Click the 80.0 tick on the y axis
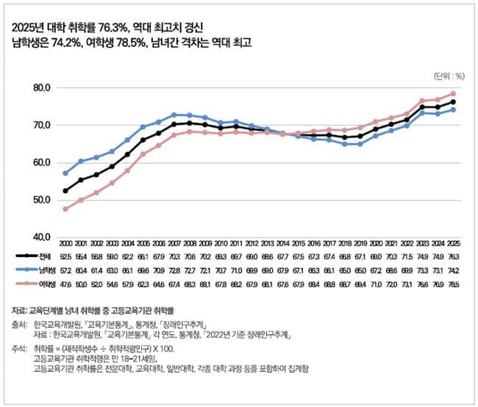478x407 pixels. click(38, 87)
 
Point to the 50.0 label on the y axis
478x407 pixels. click(38, 200)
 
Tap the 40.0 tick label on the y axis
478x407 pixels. click(38, 237)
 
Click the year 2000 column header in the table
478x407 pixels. click(66, 243)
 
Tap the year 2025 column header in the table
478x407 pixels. click(453, 243)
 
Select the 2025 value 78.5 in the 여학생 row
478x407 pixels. click(453, 283)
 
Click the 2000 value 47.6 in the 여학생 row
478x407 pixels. click(66, 283)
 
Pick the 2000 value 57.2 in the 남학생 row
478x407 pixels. click(66, 270)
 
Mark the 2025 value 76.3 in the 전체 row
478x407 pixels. click(453, 256)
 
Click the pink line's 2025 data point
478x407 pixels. click(453, 93)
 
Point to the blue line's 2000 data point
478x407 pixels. click(66, 173)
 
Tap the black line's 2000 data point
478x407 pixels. click(66, 191)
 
